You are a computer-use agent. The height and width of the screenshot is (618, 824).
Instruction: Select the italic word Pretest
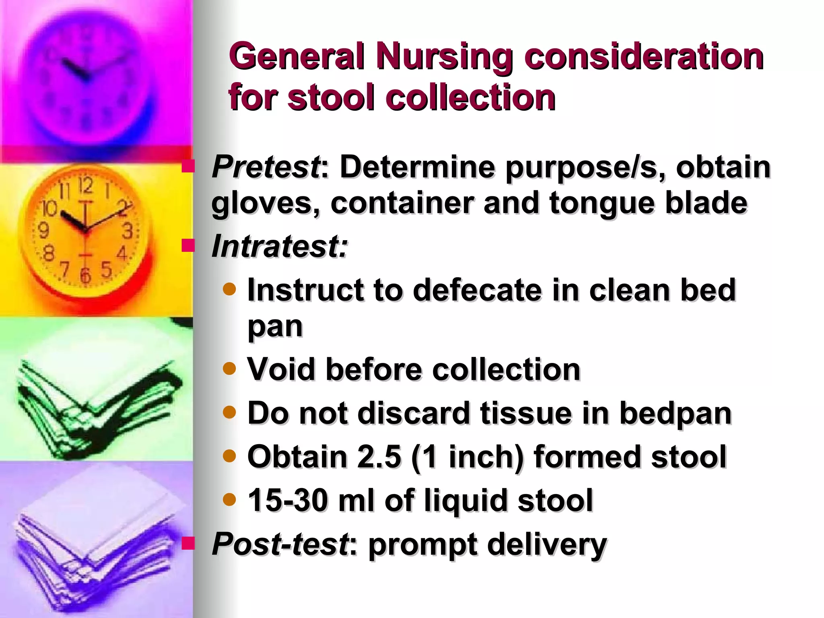tap(266, 167)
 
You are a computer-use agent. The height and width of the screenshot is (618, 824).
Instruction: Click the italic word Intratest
tap(279, 247)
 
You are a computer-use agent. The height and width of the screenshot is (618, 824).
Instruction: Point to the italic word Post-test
tap(280, 544)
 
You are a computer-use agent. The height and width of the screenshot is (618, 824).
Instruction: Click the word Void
tap(281, 369)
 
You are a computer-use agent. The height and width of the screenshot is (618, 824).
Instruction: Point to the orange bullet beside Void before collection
tap(229, 368)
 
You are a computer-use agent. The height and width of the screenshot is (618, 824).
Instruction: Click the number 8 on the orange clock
tap(49, 254)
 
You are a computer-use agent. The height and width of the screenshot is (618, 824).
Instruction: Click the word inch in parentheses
tap(478, 457)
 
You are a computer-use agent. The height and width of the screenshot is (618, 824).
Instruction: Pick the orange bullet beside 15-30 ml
tap(229, 499)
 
